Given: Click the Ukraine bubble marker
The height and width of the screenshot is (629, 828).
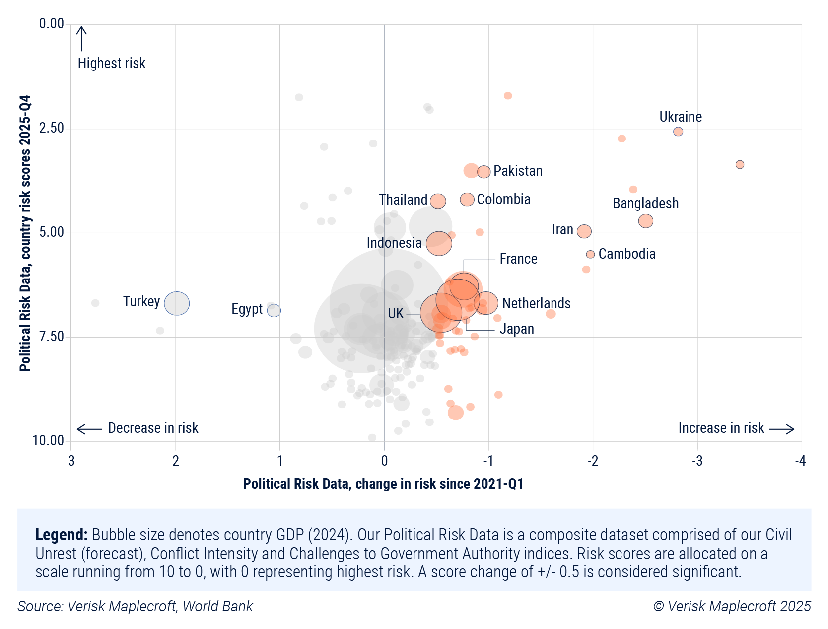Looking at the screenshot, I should click(678, 132).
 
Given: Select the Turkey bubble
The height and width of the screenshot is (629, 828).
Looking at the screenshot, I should click(177, 303).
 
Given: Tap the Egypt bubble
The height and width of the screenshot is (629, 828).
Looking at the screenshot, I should click(274, 310).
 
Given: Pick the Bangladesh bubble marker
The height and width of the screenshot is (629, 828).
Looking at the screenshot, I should click(645, 221).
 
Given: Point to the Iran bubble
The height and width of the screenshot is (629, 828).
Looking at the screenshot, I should click(584, 231).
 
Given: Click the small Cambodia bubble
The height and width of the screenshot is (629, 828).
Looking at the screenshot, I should click(590, 254).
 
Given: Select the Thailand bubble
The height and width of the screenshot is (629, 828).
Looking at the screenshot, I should click(438, 201).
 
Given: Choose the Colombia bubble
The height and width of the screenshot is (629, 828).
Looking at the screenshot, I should click(467, 200).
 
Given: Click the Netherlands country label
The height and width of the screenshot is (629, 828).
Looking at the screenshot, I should click(536, 303).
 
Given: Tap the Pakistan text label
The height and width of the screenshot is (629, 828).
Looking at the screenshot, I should click(518, 171).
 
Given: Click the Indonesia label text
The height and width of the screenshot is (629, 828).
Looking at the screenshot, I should click(394, 243).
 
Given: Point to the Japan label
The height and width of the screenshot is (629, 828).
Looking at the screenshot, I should click(517, 329).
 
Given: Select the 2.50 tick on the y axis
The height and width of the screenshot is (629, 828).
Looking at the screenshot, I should click(52, 128).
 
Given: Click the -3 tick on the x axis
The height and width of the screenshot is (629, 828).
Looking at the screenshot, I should click(697, 461).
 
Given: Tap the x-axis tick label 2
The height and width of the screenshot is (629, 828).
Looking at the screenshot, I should click(175, 461).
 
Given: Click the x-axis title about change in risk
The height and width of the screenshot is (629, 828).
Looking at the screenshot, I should click(383, 484).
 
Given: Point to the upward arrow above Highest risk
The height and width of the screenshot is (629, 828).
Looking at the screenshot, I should click(81, 38).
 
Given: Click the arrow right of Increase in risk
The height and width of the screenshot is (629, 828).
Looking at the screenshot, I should click(782, 429).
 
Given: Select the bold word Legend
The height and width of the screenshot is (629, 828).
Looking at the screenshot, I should click(61, 535).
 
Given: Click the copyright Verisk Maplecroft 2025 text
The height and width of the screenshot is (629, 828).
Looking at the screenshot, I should click(732, 606).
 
